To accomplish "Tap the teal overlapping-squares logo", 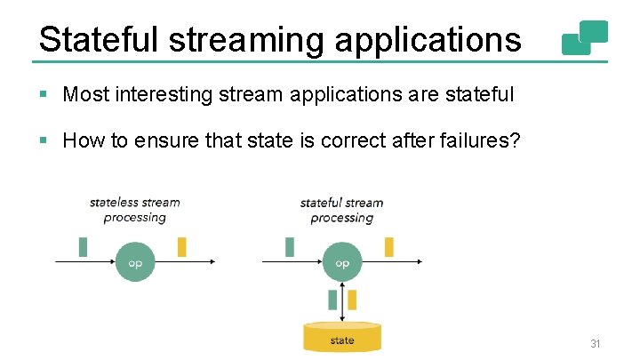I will [x=585, y=37].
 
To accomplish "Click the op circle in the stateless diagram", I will [x=135, y=262].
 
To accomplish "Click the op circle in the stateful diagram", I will [x=342, y=262].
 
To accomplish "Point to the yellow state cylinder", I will [x=342, y=338].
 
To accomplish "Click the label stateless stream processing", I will [x=135, y=210].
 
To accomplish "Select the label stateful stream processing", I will [x=342, y=210].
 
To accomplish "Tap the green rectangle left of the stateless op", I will [x=84, y=246].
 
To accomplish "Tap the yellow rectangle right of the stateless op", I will [x=182, y=246].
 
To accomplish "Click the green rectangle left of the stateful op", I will [x=290, y=246].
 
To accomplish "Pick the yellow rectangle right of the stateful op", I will [x=388, y=246].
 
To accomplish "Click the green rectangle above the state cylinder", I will [x=332, y=300].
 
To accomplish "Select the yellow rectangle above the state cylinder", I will [x=352, y=300].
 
